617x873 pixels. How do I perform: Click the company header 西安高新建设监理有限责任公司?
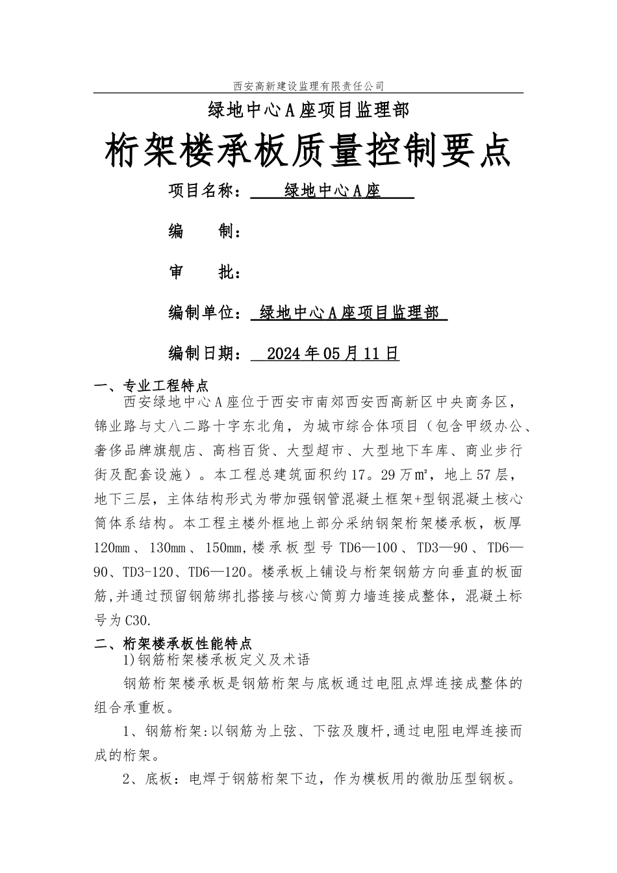308,86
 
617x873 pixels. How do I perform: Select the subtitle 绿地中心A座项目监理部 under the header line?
308,111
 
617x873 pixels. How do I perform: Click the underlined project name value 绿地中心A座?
332,191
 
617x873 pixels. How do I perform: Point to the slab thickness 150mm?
223,548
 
